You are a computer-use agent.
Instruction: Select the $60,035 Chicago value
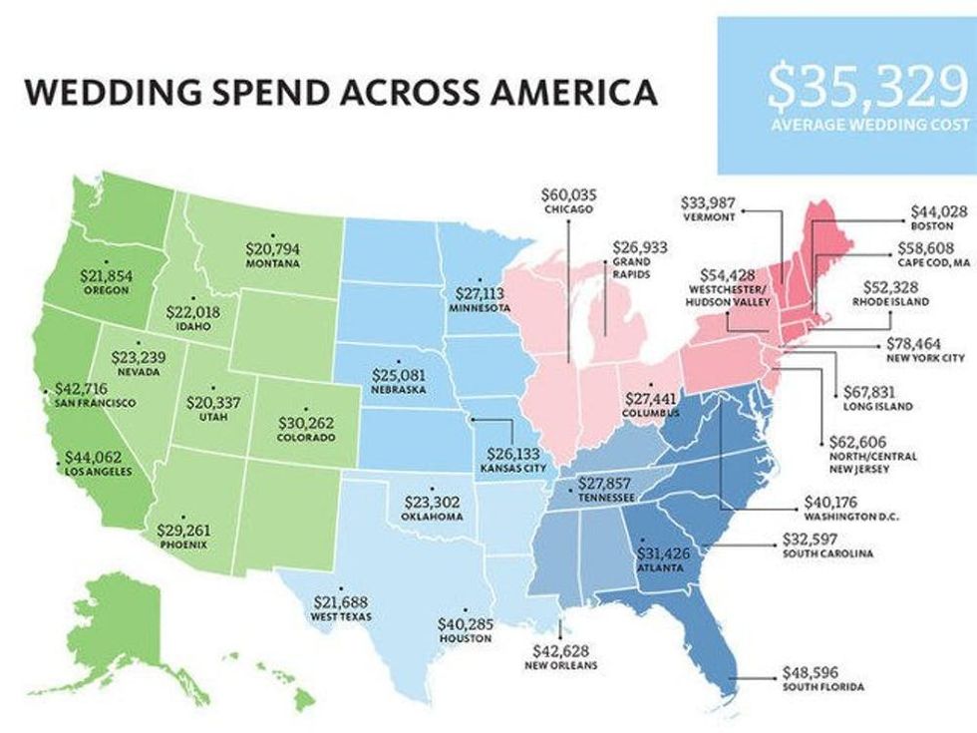pyautogui.click(x=567, y=194)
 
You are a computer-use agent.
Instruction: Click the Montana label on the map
pyautogui.click(x=271, y=266)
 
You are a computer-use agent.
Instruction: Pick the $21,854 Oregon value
pyautogui.click(x=106, y=274)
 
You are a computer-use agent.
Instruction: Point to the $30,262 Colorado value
pyautogui.click(x=305, y=422)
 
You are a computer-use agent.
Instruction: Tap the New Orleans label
pyautogui.click(x=560, y=665)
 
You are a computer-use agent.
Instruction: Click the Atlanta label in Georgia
pyautogui.click(x=659, y=568)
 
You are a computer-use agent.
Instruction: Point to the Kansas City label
pyautogui.click(x=513, y=467)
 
